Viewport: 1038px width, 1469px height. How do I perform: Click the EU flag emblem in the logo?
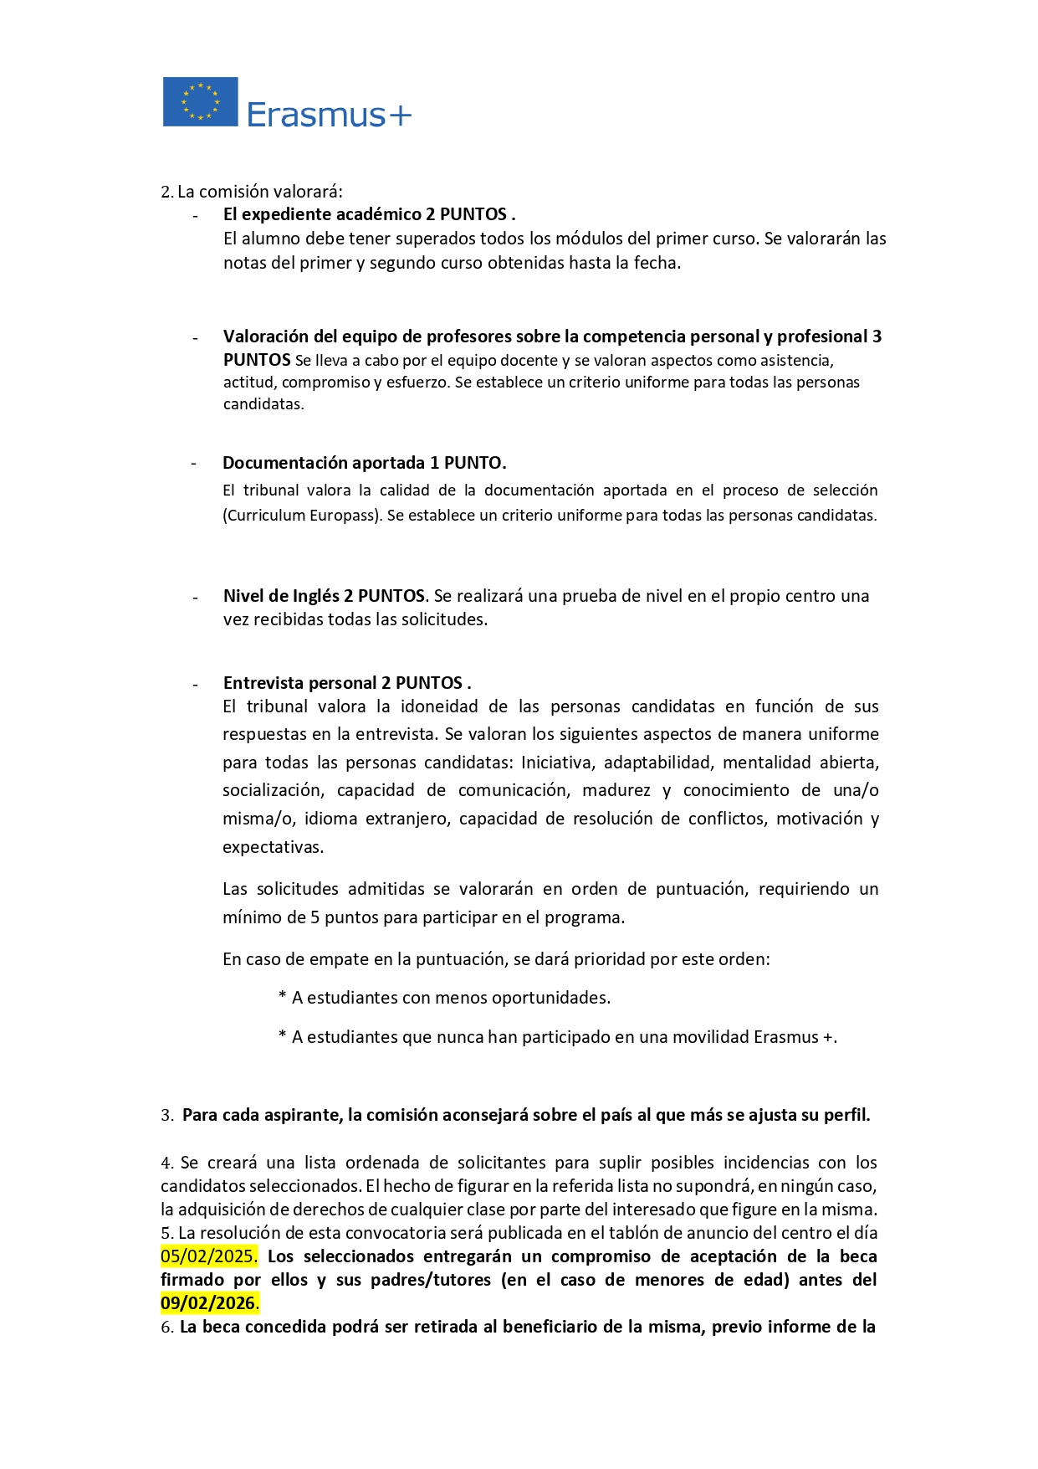click(x=200, y=101)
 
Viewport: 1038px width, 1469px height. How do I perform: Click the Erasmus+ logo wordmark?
click(x=329, y=115)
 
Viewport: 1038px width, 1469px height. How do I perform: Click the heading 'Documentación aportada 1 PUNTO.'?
click(x=364, y=463)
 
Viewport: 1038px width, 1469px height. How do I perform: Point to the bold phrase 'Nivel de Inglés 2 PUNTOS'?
click(x=324, y=596)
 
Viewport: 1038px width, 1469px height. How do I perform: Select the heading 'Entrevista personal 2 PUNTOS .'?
click(x=347, y=683)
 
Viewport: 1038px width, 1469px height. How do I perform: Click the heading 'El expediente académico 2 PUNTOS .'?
click(x=369, y=214)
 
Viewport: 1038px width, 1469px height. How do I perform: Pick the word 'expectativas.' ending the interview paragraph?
click(x=273, y=847)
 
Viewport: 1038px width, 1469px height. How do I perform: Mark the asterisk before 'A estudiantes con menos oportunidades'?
click(x=283, y=997)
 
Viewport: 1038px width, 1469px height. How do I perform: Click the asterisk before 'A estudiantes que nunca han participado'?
click(x=283, y=1036)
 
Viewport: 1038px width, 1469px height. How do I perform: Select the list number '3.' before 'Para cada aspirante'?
click(x=167, y=1116)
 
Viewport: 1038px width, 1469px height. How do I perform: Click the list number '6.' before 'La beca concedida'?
click(x=166, y=1328)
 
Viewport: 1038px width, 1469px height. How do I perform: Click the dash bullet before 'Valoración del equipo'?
click(x=195, y=338)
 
